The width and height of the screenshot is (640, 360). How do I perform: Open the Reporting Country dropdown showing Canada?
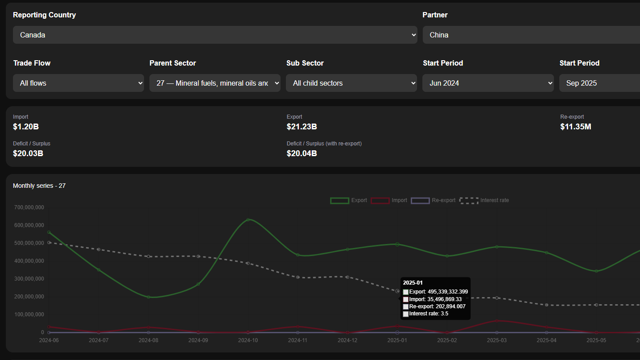pos(215,35)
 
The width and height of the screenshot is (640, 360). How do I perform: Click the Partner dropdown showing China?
pos(531,35)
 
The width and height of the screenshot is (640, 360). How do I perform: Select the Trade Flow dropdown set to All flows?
pos(78,83)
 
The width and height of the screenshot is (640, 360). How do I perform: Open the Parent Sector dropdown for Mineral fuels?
pos(215,83)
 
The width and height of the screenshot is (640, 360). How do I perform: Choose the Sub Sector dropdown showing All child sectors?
pos(351,83)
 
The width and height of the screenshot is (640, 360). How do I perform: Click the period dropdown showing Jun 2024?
pos(488,83)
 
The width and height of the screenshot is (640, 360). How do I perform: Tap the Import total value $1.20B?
pos(26,127)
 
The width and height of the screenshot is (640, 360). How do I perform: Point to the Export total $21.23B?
pos(302,127)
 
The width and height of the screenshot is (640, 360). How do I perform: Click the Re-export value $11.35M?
pos(576,127)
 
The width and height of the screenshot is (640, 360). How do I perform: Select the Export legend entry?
pos(349,200)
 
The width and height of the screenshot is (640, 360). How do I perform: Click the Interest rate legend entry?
pos(484,200)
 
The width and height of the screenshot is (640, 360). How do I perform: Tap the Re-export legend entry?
pos(433,200)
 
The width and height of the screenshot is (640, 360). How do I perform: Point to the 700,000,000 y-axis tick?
pos(29,207)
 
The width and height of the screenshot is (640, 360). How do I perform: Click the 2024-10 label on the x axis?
pos(248,340)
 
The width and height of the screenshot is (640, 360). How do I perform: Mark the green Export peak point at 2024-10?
pos(248,219)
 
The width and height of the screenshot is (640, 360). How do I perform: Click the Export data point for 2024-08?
pos(149,297)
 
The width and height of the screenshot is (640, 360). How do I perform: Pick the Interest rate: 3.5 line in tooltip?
pos(428,314)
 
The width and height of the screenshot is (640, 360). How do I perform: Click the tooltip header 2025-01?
pos(413,283)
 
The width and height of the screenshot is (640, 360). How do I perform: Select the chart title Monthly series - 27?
pos(39,186)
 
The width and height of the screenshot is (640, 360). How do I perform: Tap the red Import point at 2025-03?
pos(497,321)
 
